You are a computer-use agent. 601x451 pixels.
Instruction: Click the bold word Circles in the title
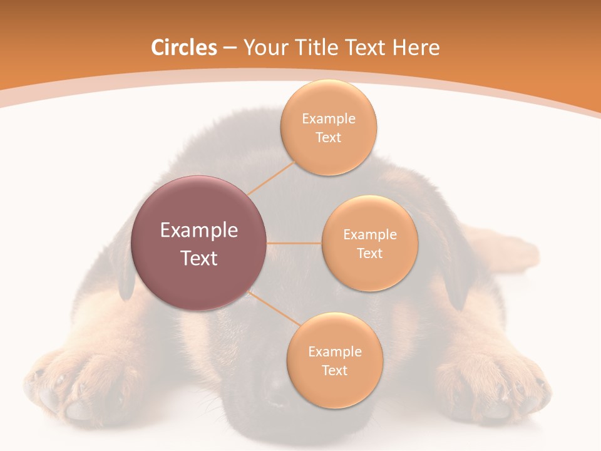point(183,48)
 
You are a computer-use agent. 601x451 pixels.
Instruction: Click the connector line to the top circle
point(271,177)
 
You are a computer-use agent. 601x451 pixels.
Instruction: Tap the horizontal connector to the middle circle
point(294,243)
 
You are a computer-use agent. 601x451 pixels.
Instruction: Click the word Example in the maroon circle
point(199,231)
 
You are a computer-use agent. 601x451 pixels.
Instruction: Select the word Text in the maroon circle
point(199,258)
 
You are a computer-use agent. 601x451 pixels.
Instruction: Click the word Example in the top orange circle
point(329,119)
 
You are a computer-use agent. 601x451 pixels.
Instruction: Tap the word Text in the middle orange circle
point(369,253)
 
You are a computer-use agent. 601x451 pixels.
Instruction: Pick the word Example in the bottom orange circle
point(334,352)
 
